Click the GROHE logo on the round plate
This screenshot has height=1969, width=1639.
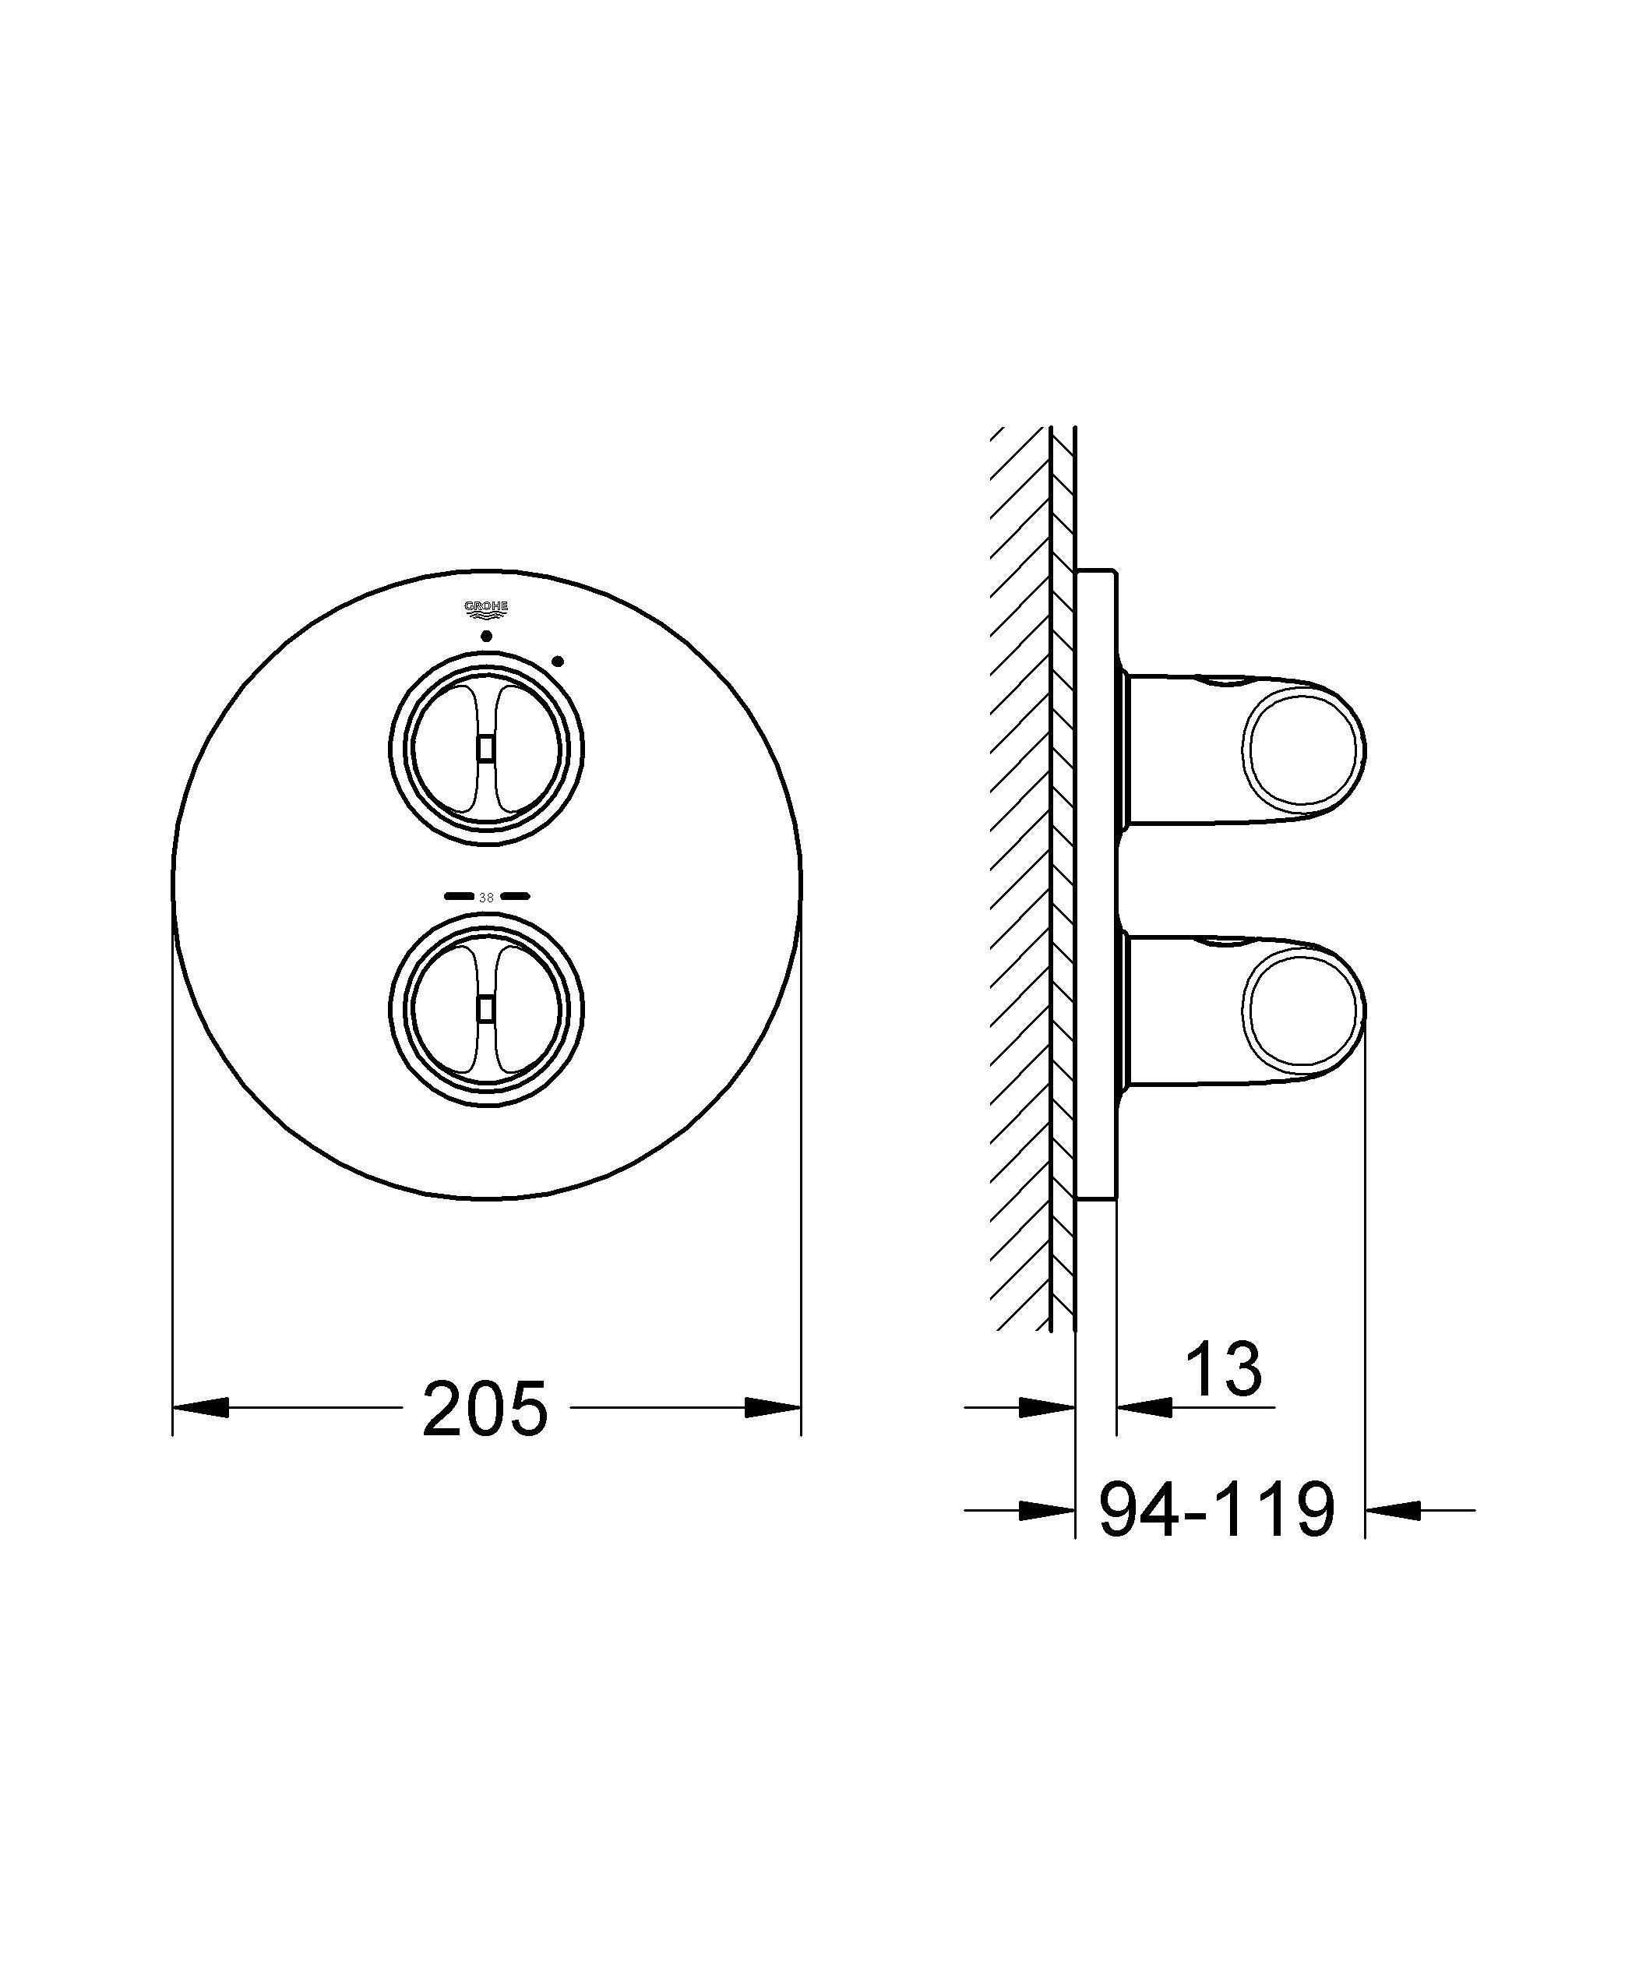pyautogui.click(x=487, y=610)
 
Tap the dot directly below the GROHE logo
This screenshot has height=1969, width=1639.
pyautogui.click(x=485, y=637)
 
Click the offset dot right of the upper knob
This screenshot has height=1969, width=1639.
pyautogui.click(x=558, y=662)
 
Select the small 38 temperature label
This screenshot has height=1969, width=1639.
pyautogui.click(x=485, y=898)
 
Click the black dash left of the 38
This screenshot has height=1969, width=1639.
pyautogui.click(x=459, y=896)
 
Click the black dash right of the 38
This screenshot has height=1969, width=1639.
pyautogui.click(x=515, y=896)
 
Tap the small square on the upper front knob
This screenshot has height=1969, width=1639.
pyautogui.click(x=485, y=747)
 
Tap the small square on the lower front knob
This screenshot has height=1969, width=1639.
pyautogui.click(x=485, y=1008)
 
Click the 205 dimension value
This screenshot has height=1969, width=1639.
pyautogui.click(x=484, y=1408)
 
